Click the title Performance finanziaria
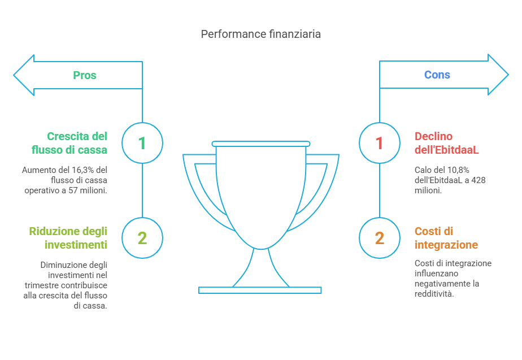(x=260, y=34)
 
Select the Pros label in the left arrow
(x=85, y=75)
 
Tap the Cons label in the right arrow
(x=437, y=75)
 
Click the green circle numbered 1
(x=142, y=143)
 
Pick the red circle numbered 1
(x=379, y=143)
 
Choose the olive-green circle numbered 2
(x=142, y=238)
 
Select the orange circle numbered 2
(x=379, y=238)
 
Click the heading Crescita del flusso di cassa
(x=77, y=143)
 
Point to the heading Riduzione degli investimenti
(x=68, y=238)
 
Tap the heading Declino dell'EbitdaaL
(x=446, y=143)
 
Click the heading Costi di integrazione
(x=446, y=238)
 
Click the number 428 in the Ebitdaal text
(x=478, y=180)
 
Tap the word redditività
(x=434, y=294)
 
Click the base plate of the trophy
(x=260, y=290)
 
